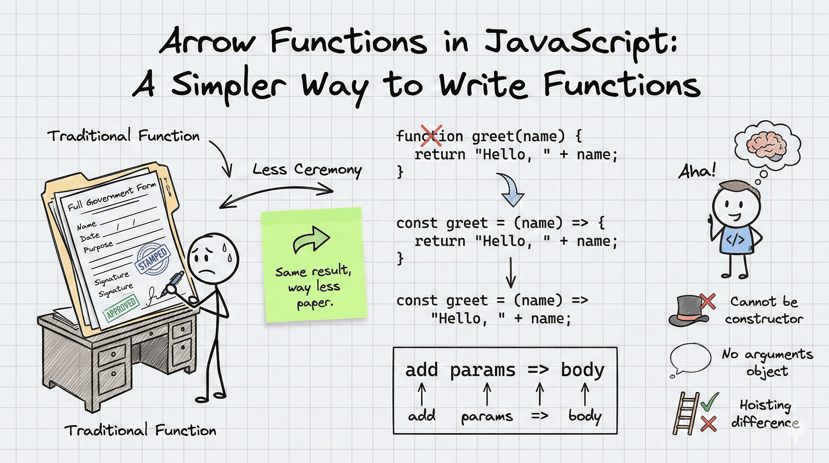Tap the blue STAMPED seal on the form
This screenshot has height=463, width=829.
coord(153,259)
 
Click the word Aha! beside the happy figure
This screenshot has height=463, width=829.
coord(697,171)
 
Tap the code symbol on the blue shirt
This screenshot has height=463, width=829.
coord(735,240)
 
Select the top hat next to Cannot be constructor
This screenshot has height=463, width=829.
coord(688,311)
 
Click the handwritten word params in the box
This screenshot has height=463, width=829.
coord(487,417)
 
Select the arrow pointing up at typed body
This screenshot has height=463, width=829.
coord(585,393)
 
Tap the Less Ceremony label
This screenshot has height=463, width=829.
coord(307,169)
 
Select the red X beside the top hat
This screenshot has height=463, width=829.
coord(707,301)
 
